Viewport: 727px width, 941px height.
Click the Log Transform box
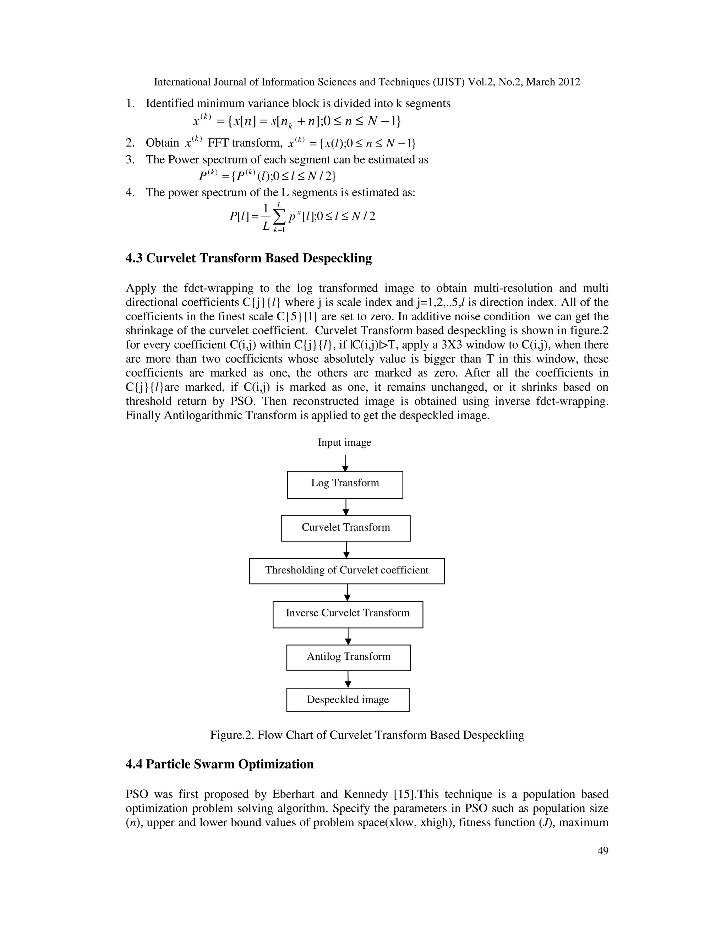pyautogui.click(x=345, y=485)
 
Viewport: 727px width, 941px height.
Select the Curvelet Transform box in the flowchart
pyautogui.click(x=346, y=528)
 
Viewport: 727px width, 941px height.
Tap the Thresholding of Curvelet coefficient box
pyautogui.click(x=347, y=571)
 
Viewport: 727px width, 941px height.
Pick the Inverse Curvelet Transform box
pyautogui.click(x=348, y=614)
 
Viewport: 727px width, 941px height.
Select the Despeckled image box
pyautogui.click(x=348, y=700)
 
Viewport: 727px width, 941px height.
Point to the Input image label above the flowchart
pyautogui.click(x=344, y=442)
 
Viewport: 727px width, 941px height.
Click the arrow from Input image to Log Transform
pyautogui.click(x=345, y=463)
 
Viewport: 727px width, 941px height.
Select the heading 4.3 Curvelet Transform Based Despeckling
pyautogui.click(x=248, y=258)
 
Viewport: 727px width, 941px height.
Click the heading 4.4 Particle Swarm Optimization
pyautogui.click(x=220, y=764)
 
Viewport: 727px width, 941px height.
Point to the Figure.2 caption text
pyautogui.click(x=367, y=735)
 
